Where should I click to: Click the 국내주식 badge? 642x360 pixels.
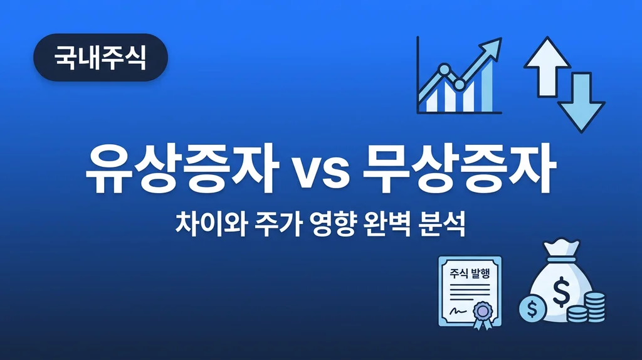(100, 57)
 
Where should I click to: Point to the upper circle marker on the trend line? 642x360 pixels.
(445, 68)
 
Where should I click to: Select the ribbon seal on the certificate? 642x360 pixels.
(484, 312)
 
